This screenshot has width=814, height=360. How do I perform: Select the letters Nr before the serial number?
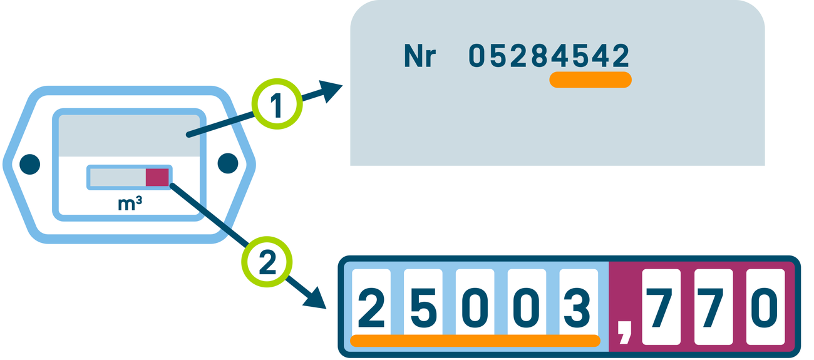[420, 57]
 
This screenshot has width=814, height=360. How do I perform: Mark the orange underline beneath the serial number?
[590, 80]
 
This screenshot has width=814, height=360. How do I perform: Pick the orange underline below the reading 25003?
[475, 341]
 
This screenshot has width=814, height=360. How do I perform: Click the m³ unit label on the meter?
[130, 203]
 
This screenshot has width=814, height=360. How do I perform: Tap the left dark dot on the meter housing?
[29, 164]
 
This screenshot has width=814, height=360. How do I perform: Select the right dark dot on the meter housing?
[228, 164]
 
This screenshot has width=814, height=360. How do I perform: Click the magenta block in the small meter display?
[157, 177]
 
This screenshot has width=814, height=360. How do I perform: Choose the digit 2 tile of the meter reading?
[371, 307]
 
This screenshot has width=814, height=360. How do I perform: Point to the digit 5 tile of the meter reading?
[423, 307]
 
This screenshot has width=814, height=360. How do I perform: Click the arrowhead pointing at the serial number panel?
[330, 91]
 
